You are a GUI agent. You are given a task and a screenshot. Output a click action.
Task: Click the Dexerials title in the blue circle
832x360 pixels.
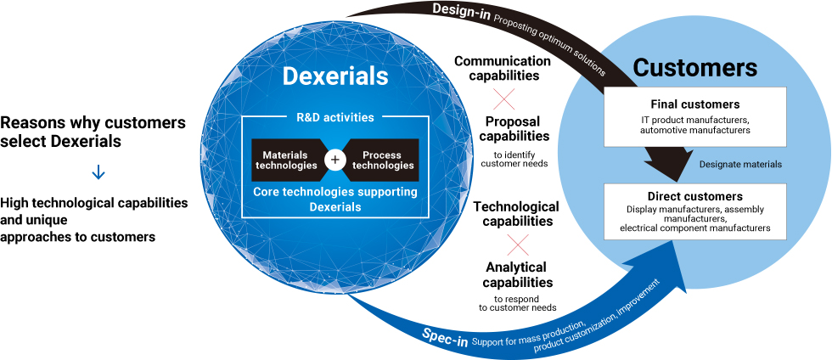pyautogui.click(x=335, y=76)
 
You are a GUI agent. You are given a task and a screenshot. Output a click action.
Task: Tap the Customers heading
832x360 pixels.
pyautogui.click(x=695, y=67)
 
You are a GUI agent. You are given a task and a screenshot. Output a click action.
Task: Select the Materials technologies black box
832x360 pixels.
pyautogui.click(x=288, y=160)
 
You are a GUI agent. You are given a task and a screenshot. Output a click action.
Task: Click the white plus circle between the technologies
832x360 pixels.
pyautogui.click(x=335, y=160)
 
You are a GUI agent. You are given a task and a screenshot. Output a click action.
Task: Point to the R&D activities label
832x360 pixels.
pyautogui.click(x=334, y=117)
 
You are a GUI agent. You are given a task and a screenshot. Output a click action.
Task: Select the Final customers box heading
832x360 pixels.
pyautogui.click(x=695, y=104)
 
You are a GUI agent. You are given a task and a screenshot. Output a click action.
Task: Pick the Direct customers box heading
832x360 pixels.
pyautogui.click(x=695, y=196)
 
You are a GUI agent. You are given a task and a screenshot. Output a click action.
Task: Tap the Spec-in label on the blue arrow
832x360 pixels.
pyautogui.click(x=445, y=337)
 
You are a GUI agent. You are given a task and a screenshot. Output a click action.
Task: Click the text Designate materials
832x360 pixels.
pyautogui.click(x=740, y=165)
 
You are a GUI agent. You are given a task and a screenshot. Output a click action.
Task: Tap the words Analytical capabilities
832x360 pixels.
pyautogui.click(x=517, y=274)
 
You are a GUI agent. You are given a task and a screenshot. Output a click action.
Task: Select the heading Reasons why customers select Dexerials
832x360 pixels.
pyautogui.click(x=93, y=132)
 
